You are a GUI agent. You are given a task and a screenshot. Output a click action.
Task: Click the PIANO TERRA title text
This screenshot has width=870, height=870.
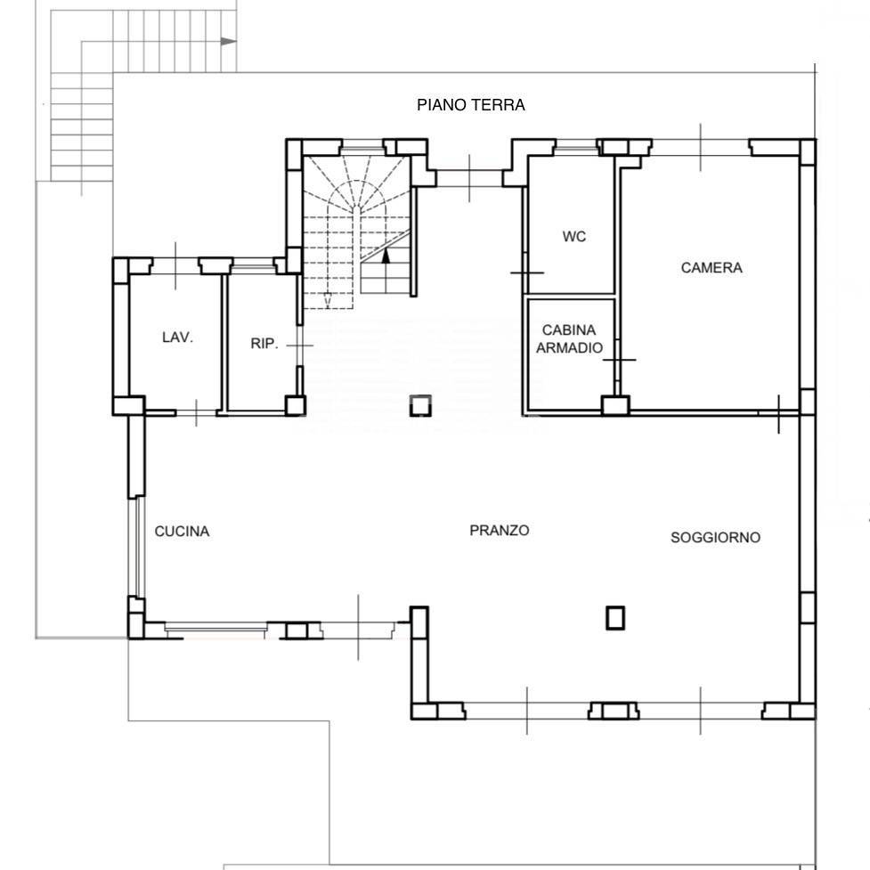(470, 105)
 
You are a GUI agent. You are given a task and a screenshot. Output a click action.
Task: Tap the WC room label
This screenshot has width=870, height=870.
(573, 236)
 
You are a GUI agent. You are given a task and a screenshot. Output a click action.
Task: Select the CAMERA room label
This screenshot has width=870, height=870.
(711, 267)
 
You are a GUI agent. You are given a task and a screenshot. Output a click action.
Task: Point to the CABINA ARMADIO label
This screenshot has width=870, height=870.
(569, 338)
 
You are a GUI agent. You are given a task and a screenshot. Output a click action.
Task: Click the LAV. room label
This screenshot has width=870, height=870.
(177, 337)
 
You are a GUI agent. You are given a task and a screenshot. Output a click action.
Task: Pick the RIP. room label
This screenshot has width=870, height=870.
(264, 344)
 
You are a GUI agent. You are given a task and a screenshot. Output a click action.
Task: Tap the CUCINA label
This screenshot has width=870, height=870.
(182, 531)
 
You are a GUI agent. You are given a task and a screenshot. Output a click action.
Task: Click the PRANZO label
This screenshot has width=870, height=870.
(499, 531)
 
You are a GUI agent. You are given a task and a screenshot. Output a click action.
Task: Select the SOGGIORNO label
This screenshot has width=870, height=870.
(715, 537)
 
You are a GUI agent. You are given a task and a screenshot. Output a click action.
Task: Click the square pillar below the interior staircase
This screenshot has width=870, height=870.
(420, 405)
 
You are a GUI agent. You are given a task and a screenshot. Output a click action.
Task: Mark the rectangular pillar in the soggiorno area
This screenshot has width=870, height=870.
(614, 617)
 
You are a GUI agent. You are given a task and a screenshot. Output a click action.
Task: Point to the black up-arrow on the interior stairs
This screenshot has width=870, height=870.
(386, 256)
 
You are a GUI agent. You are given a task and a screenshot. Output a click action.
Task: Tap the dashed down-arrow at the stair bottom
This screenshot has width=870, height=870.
(328, 299)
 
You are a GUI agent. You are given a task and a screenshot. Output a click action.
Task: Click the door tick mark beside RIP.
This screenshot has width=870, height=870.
(299, 346)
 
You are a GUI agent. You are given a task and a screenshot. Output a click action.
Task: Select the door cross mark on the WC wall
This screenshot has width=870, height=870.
(526, 272)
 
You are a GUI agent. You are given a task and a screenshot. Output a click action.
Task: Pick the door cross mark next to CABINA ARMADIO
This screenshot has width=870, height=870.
(619, 360)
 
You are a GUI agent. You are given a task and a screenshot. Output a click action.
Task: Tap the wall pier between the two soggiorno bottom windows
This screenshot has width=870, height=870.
(614, 711)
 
